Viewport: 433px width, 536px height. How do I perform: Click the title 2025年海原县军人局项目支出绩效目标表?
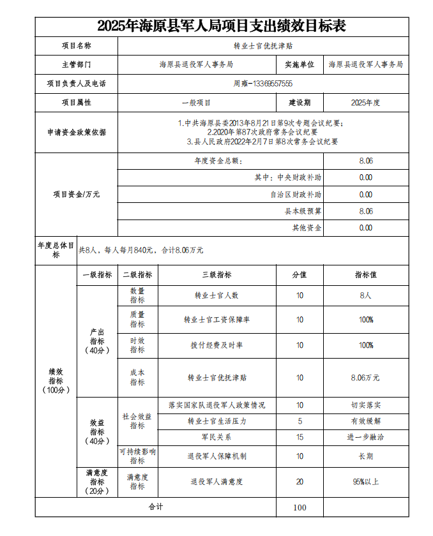tap(222, 26)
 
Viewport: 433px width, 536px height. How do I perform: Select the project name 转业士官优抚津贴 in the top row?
tap(262, 46)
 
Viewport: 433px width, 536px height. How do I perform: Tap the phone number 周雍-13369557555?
tap(262, 84)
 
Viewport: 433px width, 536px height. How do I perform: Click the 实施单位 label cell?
tap(300, 64)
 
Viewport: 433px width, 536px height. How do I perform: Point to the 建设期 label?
tap(300, 102)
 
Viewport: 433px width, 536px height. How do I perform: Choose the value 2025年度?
tap(365, 102)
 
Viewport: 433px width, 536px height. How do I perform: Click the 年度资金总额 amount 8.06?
tap(366, 161)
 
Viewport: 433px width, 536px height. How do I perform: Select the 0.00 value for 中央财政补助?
tap(366, 177)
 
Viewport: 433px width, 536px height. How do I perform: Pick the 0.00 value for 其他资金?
tap(366, 228)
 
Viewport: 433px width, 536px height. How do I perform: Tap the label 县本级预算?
tap(303, 211)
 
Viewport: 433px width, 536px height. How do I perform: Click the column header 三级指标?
tap(216, 275)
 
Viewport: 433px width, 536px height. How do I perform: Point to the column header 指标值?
tap(365, 275)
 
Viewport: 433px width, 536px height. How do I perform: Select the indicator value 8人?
tap(365, 295)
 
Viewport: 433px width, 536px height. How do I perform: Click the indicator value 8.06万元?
tap(365, 378)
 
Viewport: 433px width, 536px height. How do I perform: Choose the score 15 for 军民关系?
tap(300, 437)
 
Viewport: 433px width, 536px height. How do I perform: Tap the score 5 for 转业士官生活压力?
tap(300, 421)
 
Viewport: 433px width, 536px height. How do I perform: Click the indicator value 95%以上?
tap(365, 482)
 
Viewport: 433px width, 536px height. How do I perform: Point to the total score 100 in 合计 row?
tap(300, 507)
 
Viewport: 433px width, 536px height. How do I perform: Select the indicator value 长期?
tap(365, 456)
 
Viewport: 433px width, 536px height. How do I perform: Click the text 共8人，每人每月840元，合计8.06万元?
tap(141, 251)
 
